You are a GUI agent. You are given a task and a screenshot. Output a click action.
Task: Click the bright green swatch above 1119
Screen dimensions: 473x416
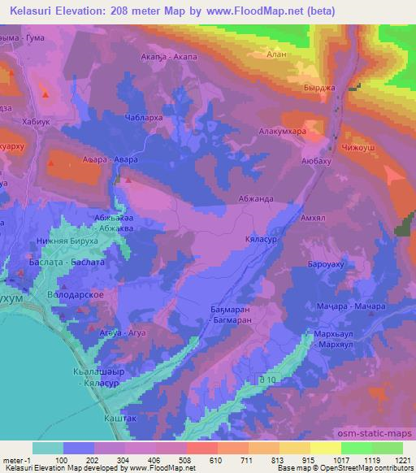pos(356,448)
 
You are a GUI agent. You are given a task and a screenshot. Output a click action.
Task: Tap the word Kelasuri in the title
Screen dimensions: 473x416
pos(33,9)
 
